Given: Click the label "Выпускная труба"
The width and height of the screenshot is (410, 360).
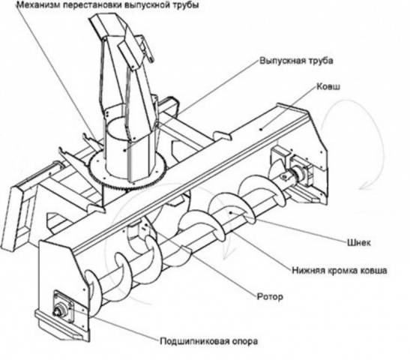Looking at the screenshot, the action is point(296,61).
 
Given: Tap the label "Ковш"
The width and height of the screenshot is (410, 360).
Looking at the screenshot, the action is point(328,86).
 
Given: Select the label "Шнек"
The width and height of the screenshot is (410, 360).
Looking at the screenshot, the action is point(359,242).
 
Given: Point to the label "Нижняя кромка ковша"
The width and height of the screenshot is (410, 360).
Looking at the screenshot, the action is point(339,270).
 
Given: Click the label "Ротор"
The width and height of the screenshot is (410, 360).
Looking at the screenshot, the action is point(270,297).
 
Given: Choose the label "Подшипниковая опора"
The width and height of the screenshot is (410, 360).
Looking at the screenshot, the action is point(208,341).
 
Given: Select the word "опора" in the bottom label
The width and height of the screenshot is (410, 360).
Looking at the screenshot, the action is point(244,341).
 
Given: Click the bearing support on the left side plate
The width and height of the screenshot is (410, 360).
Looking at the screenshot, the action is point(63,307).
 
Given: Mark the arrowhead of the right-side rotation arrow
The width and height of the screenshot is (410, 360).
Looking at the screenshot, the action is point(363,187).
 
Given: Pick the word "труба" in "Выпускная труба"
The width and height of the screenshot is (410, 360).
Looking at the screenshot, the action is point(320,61).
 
